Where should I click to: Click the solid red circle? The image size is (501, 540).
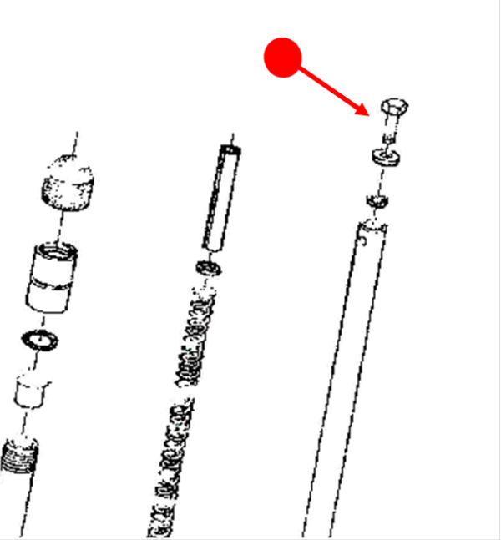click(x=282, y=57)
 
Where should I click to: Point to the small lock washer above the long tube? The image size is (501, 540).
click(x=377, y=200)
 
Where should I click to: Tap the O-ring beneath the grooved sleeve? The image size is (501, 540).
click(x=39, y=340)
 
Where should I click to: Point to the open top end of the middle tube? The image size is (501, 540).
click(x=230, y=151)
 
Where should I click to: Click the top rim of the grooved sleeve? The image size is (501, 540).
click(x=57, y=249)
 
